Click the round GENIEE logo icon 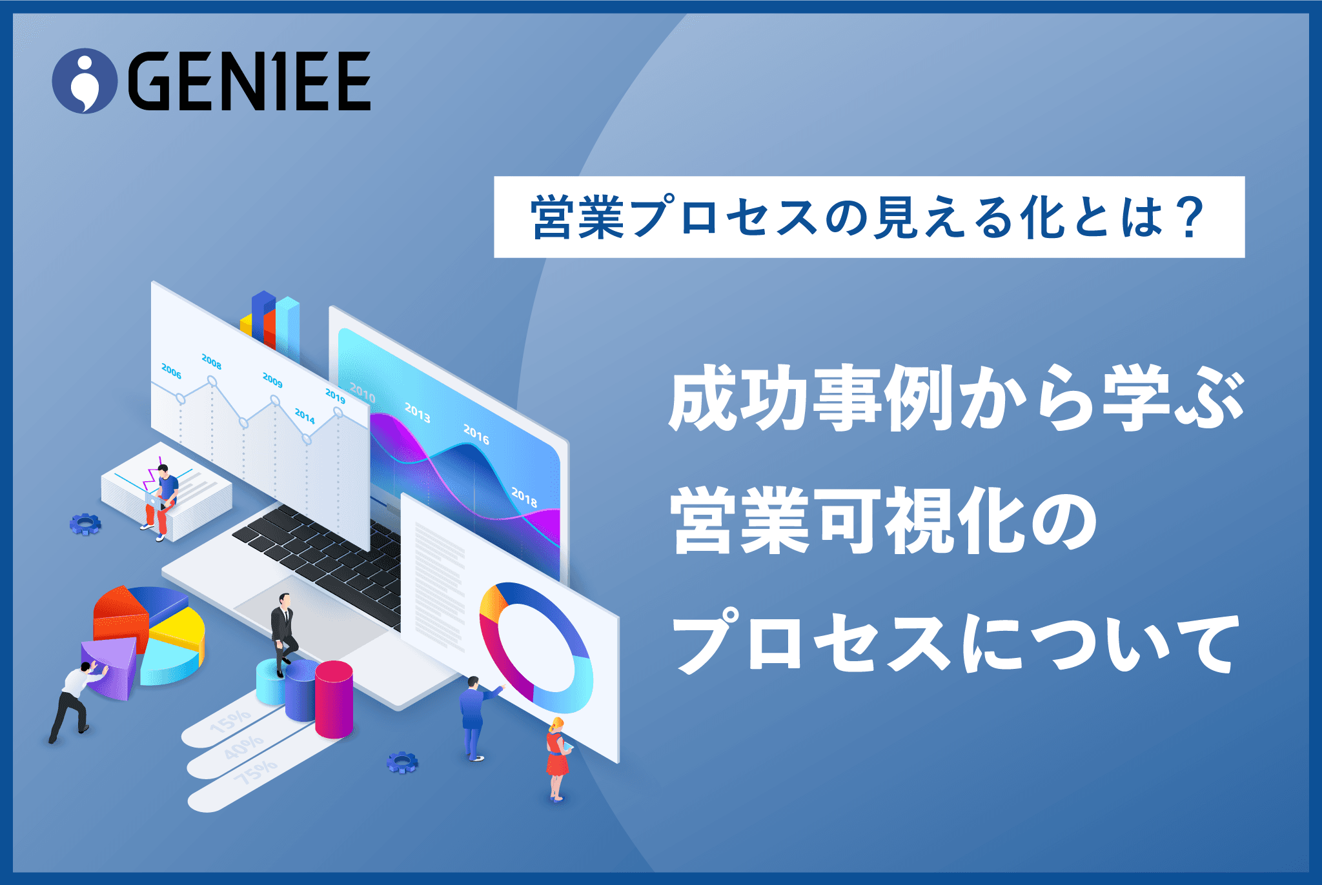85,81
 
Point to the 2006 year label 171,371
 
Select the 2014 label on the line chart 305,416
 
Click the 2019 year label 335,395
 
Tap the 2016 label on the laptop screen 476,435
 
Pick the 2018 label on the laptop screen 524,497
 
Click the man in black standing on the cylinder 283,633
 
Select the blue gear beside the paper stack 85,524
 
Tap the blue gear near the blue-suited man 402,762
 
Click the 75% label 255,772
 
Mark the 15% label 230,721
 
